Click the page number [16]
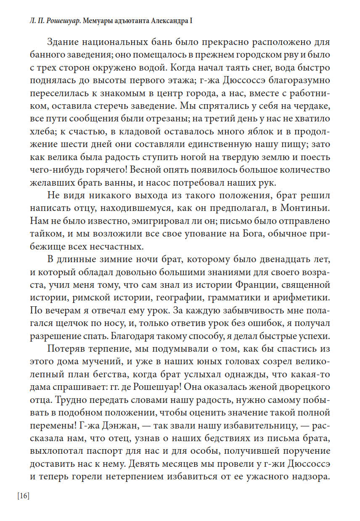[x=23, y=496]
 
